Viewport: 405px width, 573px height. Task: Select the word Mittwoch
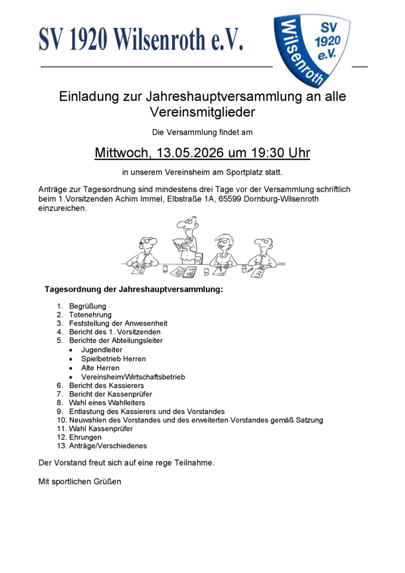[121, 153]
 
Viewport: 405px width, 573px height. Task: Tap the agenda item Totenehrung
[90, 315]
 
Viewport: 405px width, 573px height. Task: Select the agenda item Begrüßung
[87, 306]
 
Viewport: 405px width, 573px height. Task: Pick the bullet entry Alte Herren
[100, 368]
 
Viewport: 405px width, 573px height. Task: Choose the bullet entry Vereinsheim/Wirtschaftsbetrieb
[133, 377]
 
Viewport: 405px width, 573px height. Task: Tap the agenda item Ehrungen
[85, 437]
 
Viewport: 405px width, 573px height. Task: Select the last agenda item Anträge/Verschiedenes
[107, 446]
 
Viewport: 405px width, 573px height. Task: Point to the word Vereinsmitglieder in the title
[202, 112]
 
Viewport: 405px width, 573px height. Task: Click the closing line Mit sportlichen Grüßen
[79, 481]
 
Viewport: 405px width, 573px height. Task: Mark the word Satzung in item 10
[309, 420]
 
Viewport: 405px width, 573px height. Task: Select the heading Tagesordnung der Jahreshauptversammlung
[134, 289]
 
